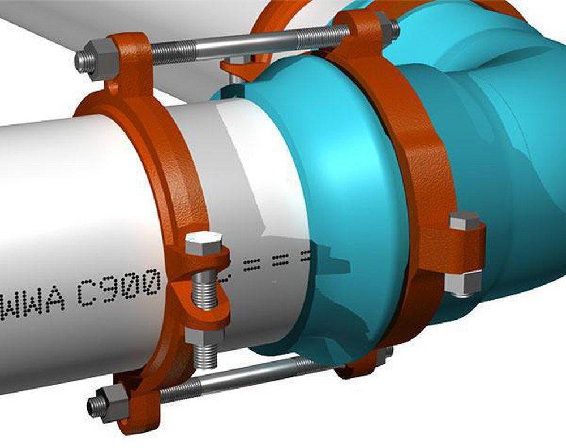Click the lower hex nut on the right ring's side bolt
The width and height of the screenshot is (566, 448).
[463, 283]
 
